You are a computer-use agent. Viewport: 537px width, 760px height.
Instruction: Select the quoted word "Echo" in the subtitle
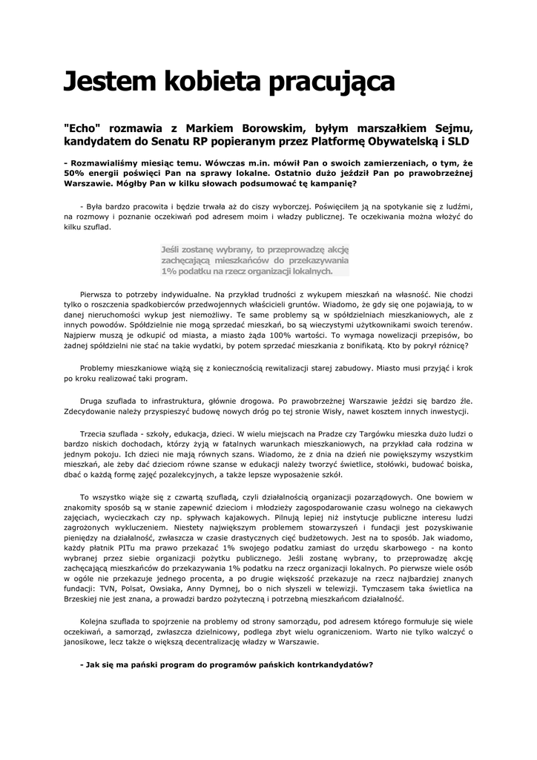click(x=82, y=127)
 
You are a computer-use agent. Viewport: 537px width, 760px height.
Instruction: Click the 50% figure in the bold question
click(x=75, y=172)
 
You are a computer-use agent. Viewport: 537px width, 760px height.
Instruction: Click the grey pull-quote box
click(x=255, y=261)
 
